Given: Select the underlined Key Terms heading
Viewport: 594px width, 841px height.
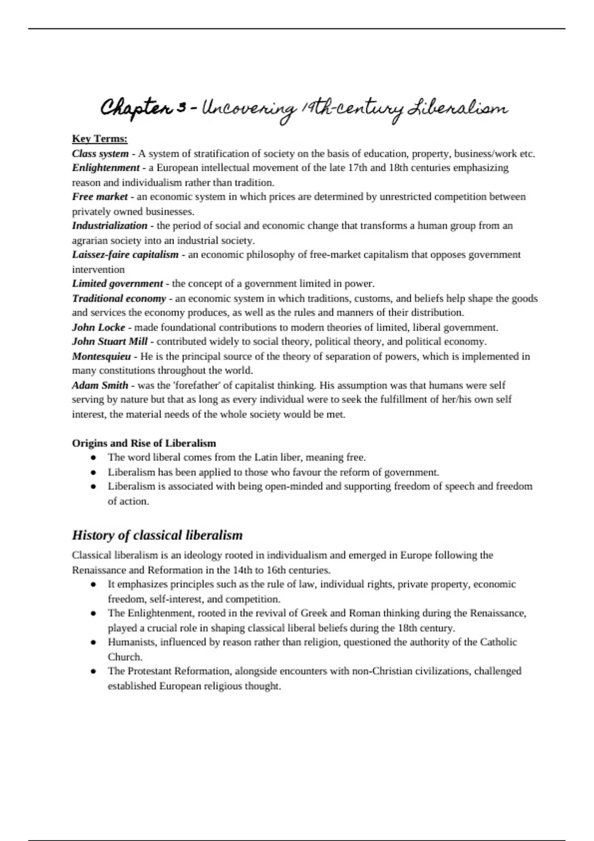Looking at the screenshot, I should click(x=99, y=139).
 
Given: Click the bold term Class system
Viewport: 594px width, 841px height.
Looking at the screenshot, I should click(x=100, y=153).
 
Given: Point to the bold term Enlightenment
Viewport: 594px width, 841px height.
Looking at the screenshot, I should click(x=105, y=168).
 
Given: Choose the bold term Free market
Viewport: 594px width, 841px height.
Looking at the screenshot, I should click(x=99, y=197).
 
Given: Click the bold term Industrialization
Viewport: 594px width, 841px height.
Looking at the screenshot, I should click(x=109, y=226).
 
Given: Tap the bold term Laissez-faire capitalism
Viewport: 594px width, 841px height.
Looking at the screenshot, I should click(x=125, y=255).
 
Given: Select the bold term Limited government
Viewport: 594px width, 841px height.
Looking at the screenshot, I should click(x=117, y=284).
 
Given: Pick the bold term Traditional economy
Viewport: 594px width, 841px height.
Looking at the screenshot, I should click(x=119, y=298).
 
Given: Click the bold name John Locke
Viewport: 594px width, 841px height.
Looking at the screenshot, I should click(x=99, y=327).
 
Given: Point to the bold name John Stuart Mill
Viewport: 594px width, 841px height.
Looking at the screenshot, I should click(x=109, y=342).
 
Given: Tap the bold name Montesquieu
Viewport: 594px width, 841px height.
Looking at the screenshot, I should click(x=101, y=357).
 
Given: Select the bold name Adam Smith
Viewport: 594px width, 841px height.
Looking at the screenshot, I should click(x=100, y=385).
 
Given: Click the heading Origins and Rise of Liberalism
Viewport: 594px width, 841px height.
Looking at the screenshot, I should click(x=144, y=443).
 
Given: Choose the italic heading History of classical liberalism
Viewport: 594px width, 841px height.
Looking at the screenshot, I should click(x=157, y=535).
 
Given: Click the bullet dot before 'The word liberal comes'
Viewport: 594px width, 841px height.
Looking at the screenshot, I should click(x=93, y=458).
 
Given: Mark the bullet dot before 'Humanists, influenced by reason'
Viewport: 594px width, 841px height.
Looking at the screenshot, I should click(x=93, y=643).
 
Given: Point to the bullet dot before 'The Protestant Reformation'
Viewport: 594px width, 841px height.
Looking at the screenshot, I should click(x=93, y=672).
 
